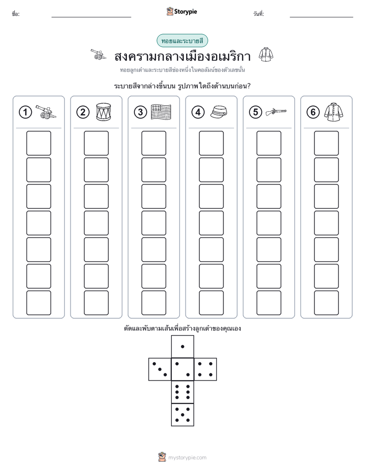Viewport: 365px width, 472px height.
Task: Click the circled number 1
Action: click(25, 112)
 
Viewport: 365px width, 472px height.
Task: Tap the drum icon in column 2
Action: click(103, 112)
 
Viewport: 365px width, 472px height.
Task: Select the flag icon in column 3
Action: click(161, 112)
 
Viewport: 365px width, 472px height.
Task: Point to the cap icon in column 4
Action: click(218, 112)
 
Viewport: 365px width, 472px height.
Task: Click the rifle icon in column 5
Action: click(276, 112)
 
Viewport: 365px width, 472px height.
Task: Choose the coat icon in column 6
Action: click(334, 112)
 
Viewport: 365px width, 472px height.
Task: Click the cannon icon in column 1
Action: click(46, 112)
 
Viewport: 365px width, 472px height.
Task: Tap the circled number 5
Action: click(256, 112)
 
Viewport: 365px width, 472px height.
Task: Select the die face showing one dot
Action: click(182, 346)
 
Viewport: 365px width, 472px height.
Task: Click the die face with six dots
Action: click(182, 392)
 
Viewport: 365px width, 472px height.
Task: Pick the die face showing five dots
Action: click(182, 415)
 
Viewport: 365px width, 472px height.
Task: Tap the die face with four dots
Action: click(206, 369)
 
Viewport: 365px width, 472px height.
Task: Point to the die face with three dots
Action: click(160, 369)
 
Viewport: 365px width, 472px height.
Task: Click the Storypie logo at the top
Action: click(181, 11)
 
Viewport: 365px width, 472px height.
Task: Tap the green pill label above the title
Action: click(182, 41)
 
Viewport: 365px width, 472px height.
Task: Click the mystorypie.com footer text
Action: click(187, 458)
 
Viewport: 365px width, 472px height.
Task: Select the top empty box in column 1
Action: click(38, 143)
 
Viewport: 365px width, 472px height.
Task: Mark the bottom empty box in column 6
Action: click(327, 303)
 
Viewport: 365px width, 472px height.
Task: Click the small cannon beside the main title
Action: click(99, 54)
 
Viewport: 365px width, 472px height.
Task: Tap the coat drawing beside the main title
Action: click(266, 55)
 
